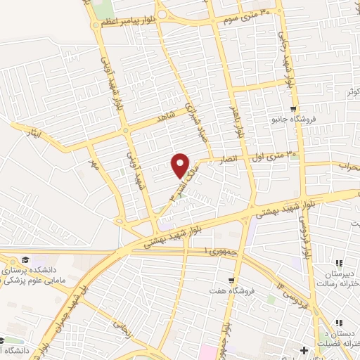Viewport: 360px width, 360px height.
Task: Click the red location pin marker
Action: [181, 165]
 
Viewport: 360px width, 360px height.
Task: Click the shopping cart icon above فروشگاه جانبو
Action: [295, 108]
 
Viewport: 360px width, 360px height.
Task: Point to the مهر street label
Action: [92, 164]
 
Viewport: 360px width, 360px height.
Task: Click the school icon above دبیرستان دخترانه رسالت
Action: [340, 263]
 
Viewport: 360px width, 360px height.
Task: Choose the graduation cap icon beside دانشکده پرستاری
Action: [27, 260]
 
